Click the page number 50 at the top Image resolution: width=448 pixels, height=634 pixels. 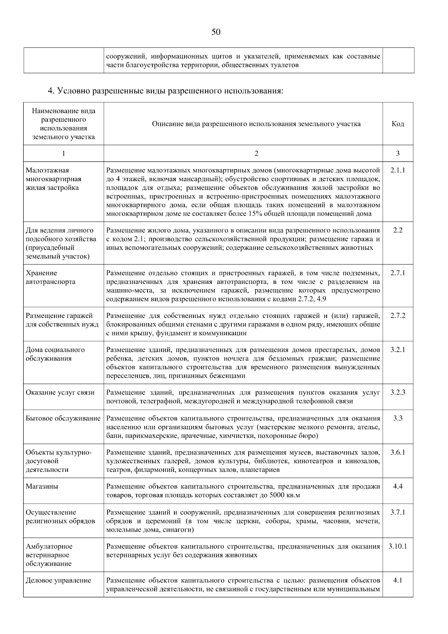(216, 32)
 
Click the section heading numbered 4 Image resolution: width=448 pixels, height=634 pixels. (166, 91)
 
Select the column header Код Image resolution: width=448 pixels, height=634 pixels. (398, 124)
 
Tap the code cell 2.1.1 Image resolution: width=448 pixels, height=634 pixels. (398, 170)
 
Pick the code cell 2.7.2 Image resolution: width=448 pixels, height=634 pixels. (398, 316)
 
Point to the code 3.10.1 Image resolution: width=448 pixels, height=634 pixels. (398, 546)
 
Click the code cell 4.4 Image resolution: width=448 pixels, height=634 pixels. (398, 486)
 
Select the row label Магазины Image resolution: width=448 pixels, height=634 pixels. (42, 486)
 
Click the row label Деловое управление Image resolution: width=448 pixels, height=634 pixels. (58, 580)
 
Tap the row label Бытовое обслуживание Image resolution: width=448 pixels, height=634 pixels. (63, 418)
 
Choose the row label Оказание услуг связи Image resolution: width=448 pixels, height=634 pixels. (60, 392)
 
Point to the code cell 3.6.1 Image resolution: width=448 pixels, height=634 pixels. (398, 452)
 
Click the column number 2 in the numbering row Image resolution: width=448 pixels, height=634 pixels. (256, 154)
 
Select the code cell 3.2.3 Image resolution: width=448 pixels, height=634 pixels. (398, 392)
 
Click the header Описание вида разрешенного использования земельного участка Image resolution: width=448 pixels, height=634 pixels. (256, 124)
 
